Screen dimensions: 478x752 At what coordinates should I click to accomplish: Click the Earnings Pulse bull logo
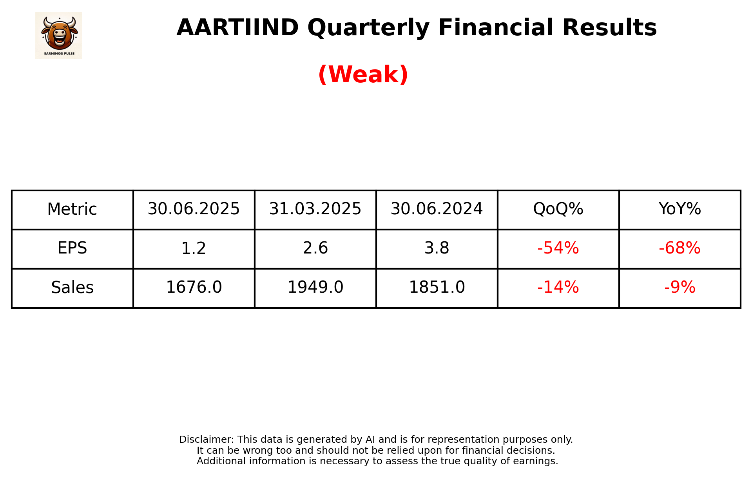[59, 35]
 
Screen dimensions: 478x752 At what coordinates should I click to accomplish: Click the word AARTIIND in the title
[237, 28]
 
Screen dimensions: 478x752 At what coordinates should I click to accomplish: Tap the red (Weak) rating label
[363, 74]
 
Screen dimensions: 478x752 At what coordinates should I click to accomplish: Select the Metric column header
[72, 209]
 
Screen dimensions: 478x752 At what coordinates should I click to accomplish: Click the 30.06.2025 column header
[194, 209]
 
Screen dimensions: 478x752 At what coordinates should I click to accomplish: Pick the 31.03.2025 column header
[315, 209]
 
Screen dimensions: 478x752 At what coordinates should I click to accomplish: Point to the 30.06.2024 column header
[437, 209]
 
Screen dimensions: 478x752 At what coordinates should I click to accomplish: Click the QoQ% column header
[558, 209]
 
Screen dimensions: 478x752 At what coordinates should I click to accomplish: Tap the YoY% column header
[680, 209]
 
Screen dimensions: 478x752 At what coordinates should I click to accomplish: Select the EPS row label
[72, 248]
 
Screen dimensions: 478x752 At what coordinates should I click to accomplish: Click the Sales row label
[72, 288]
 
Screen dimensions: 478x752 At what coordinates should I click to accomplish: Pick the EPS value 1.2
[194, 248]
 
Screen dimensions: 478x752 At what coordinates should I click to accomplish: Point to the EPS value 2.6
[315, 248]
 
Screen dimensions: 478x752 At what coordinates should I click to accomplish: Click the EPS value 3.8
[437, 248]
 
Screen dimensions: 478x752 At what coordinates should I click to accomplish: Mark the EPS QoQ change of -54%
[558, 248]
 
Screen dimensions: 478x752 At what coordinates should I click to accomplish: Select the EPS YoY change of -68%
[680, 248]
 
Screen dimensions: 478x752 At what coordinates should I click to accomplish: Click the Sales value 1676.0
[194, 288]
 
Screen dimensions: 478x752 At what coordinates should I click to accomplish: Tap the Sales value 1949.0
[315, 288]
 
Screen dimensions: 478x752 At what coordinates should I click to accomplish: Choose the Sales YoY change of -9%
[680, 288]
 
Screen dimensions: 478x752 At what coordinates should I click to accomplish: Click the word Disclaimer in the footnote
[206, 440]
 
